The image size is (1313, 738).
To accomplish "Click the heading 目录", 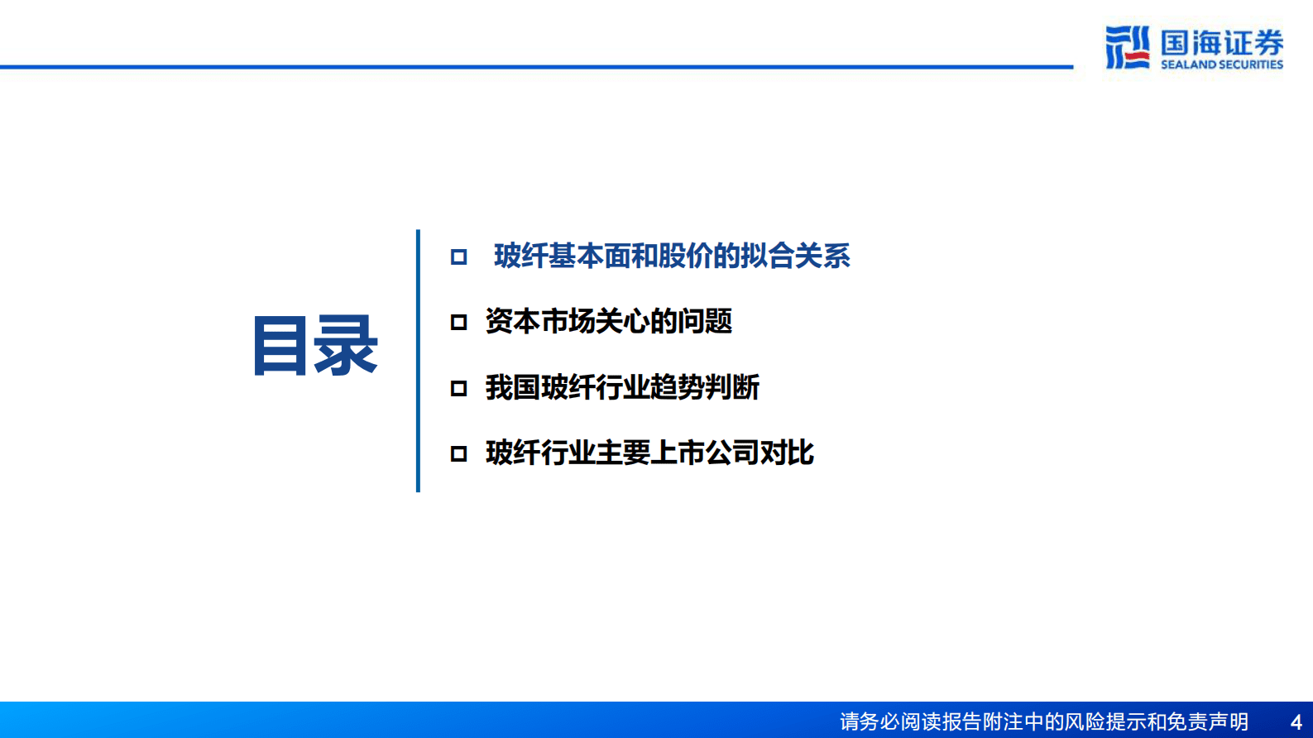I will click(x=315, y=346).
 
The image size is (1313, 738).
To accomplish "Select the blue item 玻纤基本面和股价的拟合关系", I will click(x=671, y=256).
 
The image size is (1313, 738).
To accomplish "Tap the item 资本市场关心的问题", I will click(x=608, y=322).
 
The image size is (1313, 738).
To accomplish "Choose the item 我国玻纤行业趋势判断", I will click(x=622, y=387).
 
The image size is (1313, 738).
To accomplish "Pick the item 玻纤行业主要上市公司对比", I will click(x=649, y=453).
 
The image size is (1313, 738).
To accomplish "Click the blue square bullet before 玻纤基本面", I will click(x=458, y=257).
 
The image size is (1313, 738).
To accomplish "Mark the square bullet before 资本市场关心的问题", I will click(x=458, y=323).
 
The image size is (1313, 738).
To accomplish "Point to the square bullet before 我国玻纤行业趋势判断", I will click(x=458, y=388).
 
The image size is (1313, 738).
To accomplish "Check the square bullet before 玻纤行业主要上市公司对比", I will click(x=458, y=453).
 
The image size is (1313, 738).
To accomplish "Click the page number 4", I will click(x=1296, y=722).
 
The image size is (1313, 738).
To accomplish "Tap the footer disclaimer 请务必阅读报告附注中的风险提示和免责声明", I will click(x=1043, y=722).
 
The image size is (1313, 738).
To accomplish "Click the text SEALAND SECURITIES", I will click(x=1221, y=65).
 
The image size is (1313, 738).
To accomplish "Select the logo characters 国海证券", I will click(x=1221, y=42).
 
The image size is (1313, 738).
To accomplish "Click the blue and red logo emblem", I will click(x=1127, y=47).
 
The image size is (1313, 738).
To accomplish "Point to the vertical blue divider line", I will click(x=418, y=361).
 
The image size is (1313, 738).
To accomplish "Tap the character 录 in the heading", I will click(x=346, y=346).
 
